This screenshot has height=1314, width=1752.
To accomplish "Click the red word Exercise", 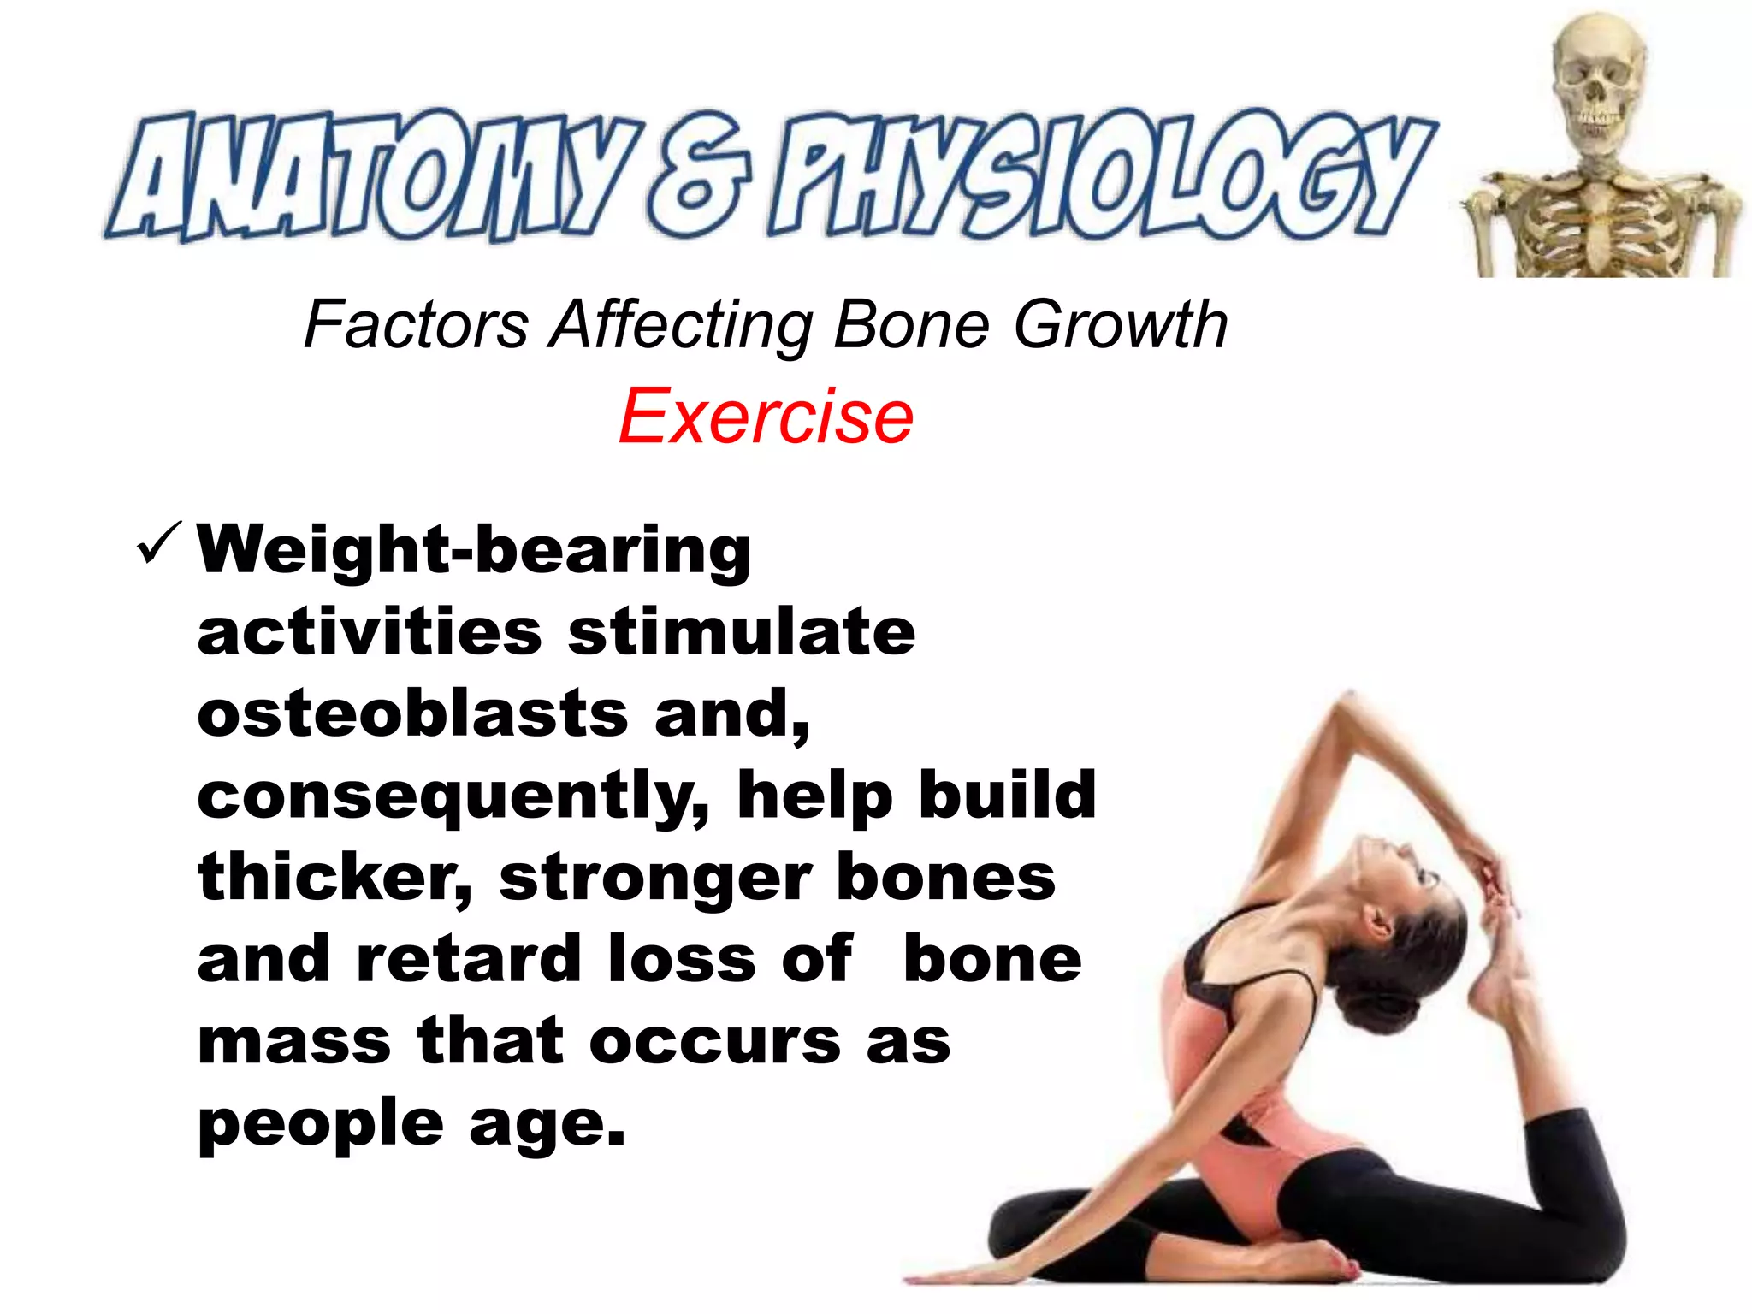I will pyautogui.click(x=766, y=417).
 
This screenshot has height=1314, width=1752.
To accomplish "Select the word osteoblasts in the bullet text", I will pyautogui.click(x=413, y=714).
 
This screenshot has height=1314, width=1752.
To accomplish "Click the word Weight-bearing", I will pyautogui.click(x=474, y=550).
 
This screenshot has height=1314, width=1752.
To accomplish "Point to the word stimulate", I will pyautogui.click(x=742, y=632).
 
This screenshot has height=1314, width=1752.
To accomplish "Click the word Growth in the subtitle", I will pyautogui.click(x=1121, y=326).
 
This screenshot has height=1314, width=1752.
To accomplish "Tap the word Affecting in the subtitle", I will pyautogui.click(x=681, y=326).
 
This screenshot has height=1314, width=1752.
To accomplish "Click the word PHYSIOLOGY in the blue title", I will pyautogui.click(x=1104, y=175).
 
